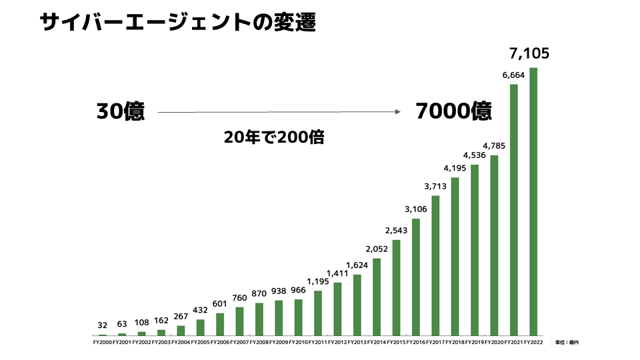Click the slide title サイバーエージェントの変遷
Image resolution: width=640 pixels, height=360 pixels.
(x=177, y=23)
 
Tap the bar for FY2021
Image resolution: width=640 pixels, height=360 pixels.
(x=514, y=209)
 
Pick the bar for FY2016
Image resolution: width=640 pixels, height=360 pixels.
(x=416, y=277)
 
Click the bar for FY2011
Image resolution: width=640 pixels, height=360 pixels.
(x=318, y=313)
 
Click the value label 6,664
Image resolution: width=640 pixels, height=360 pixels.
(x=513, y=75)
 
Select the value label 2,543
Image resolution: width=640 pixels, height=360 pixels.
(x=396, y=231)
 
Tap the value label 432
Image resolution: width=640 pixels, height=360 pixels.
(x=200, y=311)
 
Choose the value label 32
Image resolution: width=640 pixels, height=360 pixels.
(x=103, y=325)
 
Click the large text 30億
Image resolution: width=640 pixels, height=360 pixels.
(x=120, y=111)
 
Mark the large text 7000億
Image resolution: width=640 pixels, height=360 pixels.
(x=453, y=111)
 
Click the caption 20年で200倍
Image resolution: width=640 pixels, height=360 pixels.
(x=274, y=137)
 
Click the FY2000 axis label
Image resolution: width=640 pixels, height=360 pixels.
(x=103, y=343)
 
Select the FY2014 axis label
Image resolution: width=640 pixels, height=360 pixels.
(x=377, y=343)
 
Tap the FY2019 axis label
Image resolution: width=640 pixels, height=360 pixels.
(x=475, y=343)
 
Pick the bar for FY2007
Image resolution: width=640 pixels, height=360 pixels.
(x=240, y=321)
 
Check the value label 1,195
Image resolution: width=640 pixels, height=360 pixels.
(x=318, y=281)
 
